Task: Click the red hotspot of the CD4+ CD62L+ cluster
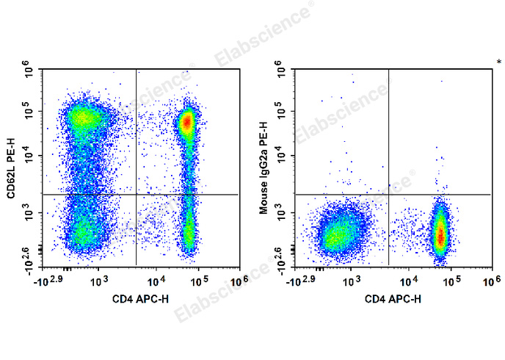pos(187,121)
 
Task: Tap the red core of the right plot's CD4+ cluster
pos(440,235)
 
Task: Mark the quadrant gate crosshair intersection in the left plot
pos(137,194)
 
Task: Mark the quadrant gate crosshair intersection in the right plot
pos(388,195)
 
